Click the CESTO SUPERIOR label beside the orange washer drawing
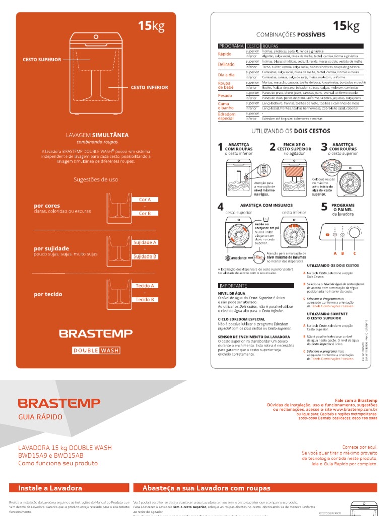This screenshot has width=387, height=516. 42,60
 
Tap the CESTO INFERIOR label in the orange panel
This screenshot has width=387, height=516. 149,87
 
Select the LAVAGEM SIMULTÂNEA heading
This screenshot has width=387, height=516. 98,135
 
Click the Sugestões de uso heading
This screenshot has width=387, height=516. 96,179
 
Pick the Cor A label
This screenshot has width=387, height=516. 145,200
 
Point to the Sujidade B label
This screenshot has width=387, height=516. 145,256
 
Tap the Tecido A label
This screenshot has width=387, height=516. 145,286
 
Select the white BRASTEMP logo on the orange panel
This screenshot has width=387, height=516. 96,333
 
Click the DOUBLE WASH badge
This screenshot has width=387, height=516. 96,350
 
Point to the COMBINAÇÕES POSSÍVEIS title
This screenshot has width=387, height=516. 291,35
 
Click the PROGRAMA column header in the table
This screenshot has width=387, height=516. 231,46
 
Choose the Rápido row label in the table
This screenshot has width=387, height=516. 225,54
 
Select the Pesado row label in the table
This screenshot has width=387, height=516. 225,95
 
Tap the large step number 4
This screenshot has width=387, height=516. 220,207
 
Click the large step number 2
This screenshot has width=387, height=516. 272,147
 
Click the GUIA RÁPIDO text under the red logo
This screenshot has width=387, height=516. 40,417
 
